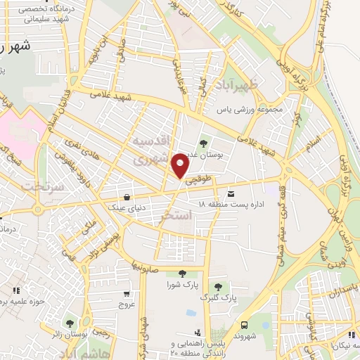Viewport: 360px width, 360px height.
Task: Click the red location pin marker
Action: click(181, 166)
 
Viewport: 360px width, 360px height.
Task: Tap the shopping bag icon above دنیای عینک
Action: click(126, 197)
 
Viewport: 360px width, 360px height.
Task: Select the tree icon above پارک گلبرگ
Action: click(219, 285)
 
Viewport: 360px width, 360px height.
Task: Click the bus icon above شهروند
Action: click(244, 325)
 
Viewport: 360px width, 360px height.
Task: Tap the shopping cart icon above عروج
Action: click(126, 294)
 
